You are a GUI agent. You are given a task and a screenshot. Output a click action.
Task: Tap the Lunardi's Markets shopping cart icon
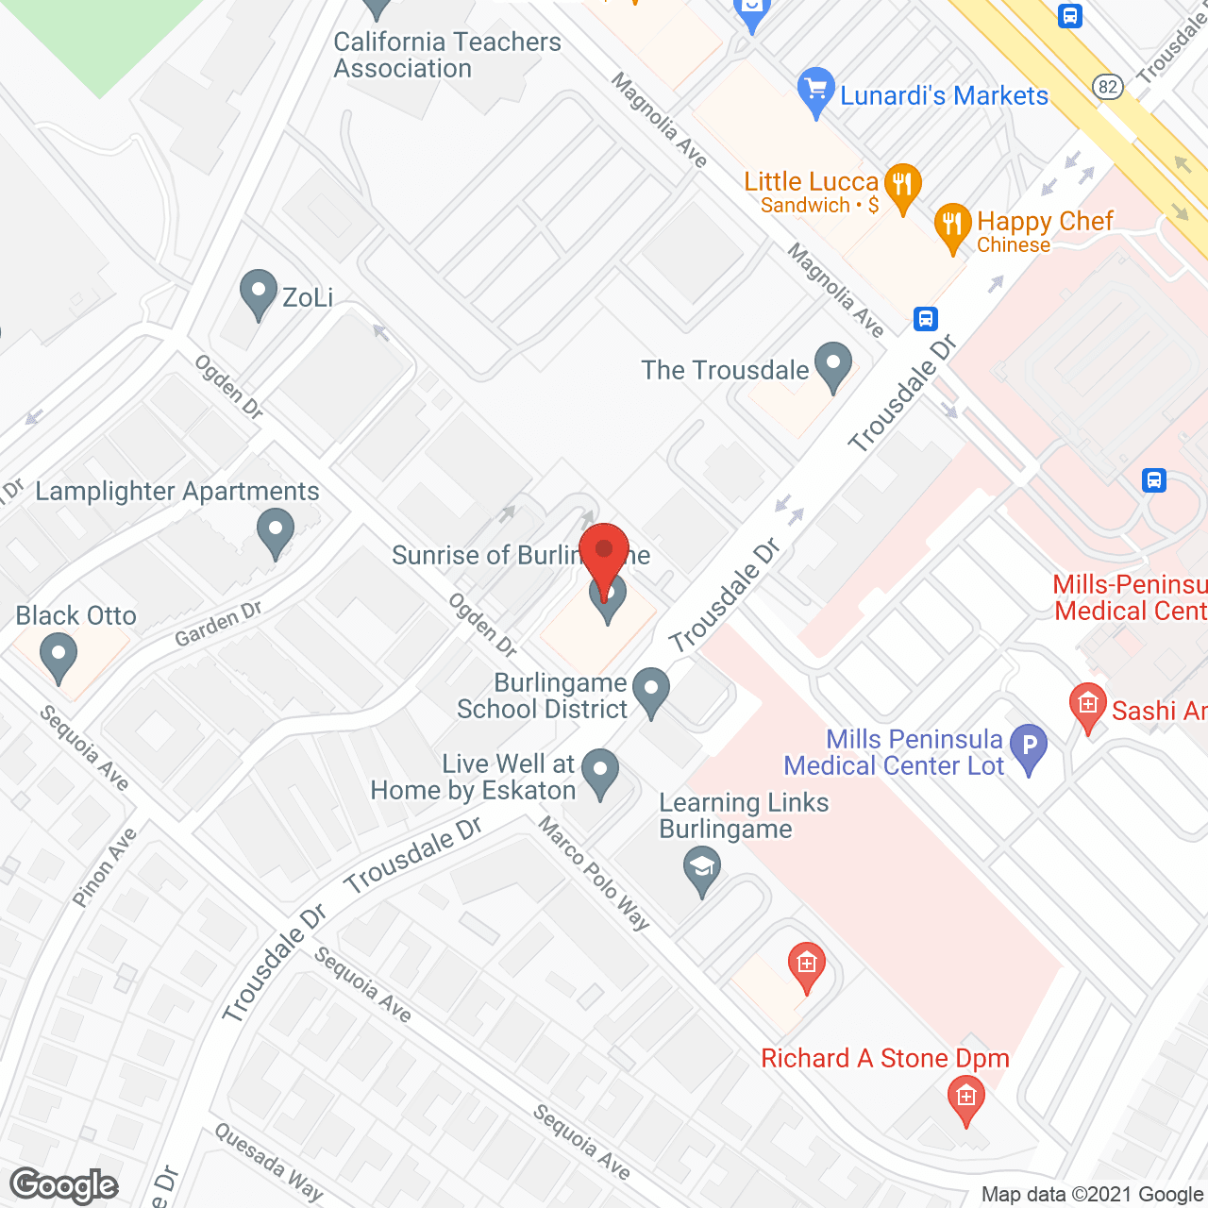click(x=815, y=90)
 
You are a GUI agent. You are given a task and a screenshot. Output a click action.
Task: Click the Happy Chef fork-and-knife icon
click(x=952, y=226)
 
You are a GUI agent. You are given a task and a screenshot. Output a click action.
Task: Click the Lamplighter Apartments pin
click(x=276, y=531)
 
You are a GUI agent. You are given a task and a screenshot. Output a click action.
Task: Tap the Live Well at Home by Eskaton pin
click(x=599, y=772)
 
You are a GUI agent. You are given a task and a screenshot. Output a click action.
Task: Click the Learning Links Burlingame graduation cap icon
click(x=701, y=869)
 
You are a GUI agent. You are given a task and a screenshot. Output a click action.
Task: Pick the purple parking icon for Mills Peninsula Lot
click(x=1029, y=747)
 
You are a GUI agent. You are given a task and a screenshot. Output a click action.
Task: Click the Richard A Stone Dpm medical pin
click(x=965, y=1099)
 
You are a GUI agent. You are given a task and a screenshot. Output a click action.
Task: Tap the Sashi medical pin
click(x=1087, y=706)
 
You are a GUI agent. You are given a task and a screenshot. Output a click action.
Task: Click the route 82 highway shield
click(x=1108, y=88)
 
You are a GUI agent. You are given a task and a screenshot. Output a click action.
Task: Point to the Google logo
click(x=64, y=1185)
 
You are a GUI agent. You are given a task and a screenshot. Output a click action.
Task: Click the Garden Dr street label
click(x=218, y=624)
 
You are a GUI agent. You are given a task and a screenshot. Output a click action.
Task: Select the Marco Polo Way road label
click(x=594, y=873)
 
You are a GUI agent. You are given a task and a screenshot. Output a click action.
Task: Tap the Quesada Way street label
click(x=268, y=1162)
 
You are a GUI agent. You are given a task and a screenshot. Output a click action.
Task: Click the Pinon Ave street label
click(x=105, y=866)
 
